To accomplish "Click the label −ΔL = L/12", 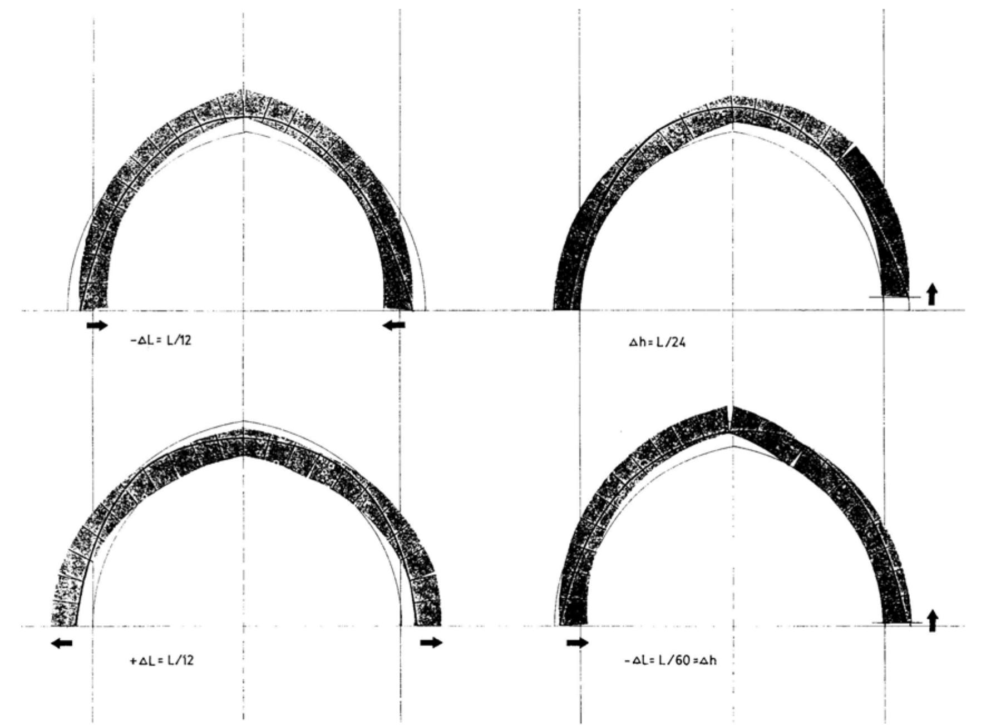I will [x=161, y=341].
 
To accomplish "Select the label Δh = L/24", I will [x=657, y=343].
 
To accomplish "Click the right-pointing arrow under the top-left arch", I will [x=97, y=326].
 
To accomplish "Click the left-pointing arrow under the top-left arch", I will [x=394, y=326].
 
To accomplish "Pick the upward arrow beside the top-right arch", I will [x=932, y=294].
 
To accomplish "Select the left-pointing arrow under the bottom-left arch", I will [x=61, y=643].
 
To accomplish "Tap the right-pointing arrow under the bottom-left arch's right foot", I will [x=431, y=643].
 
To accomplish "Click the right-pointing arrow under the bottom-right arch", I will [x=577, y=643].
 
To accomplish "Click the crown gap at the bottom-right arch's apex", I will [x=729, y=417].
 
